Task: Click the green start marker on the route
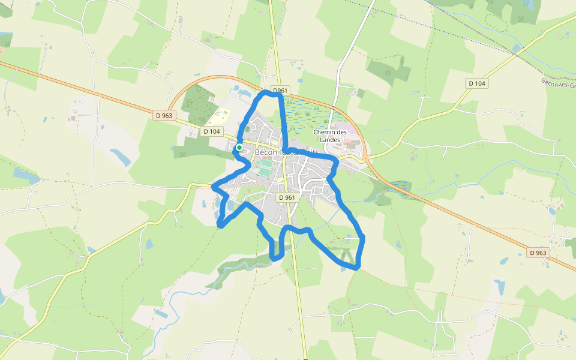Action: coord(239,147)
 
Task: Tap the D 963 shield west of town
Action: coord(163,115)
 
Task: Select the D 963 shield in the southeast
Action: coord(538,253)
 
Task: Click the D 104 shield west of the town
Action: coord(212,131)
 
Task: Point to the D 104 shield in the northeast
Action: coord(476,83)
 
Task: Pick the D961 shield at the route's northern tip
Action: coord(280,91)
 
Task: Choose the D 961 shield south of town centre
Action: coord(287,197)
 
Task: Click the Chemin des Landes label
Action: coord(330,136)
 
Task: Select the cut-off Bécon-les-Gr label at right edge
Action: coord(558,84)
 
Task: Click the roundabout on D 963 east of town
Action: coord(364,158)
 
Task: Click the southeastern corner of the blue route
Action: coord(358,266)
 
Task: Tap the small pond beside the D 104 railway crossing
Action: coord(517,48)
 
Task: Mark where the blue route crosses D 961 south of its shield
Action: coord(290,228)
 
